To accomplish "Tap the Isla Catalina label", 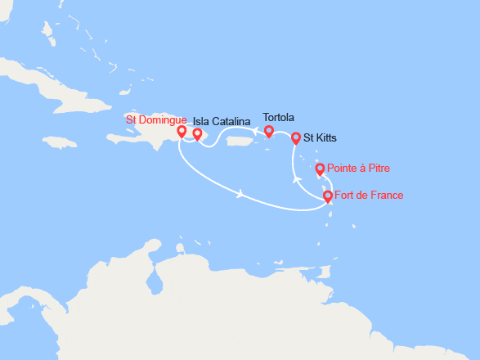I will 222,121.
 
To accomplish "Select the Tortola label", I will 279,117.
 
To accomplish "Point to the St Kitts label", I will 320,138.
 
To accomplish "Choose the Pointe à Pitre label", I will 358,169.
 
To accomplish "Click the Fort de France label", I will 369,195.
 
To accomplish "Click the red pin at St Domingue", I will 182,132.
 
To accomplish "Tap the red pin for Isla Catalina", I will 197,134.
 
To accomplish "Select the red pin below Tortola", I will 268,131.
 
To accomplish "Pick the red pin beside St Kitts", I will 296,138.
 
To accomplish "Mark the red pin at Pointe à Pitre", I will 320,169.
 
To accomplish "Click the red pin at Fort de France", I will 328,196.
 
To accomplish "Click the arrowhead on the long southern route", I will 240,194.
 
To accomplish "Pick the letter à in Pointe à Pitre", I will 361,169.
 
